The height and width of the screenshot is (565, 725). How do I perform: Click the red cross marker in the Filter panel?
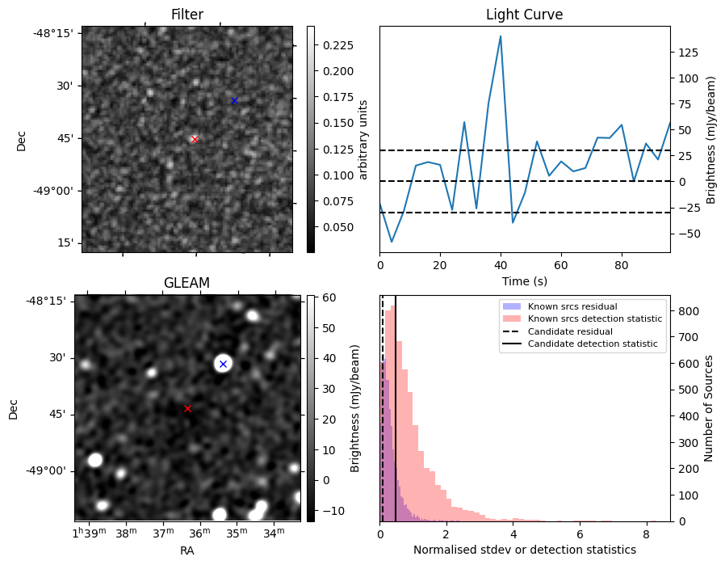point(195,139)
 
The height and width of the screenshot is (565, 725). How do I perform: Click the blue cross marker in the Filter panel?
point(234,100)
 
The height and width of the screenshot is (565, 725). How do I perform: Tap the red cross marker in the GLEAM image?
point(187,408)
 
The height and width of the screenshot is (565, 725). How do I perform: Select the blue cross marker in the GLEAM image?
point(223,364)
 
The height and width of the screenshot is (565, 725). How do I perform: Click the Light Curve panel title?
point(524,15)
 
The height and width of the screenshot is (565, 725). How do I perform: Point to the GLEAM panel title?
point(187,283)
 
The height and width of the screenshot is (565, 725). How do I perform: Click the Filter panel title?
point(187,15)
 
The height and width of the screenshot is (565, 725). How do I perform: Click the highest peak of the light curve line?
point(501,36)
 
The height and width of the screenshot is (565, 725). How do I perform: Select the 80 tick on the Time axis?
point(621,264)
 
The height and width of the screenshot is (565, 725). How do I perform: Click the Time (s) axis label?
point(524,280)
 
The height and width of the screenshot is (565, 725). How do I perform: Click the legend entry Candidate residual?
point(570,331)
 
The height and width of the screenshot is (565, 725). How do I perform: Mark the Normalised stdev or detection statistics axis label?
point(524,550)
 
